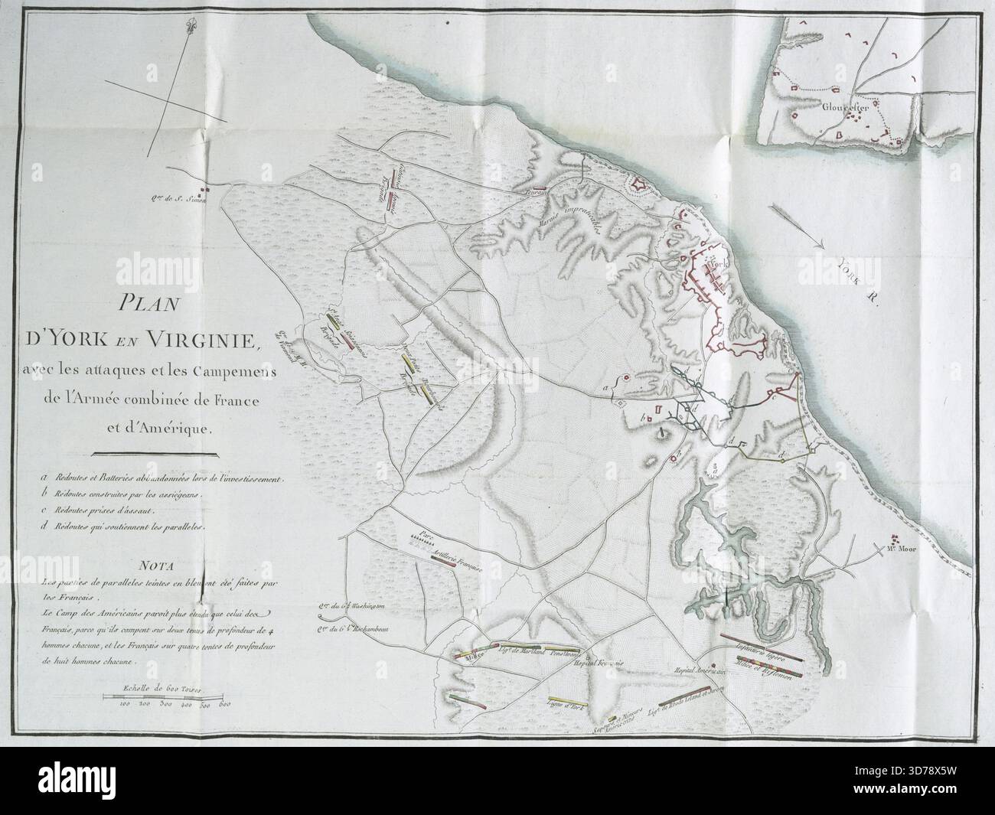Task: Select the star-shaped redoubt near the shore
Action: coord(637,184)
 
